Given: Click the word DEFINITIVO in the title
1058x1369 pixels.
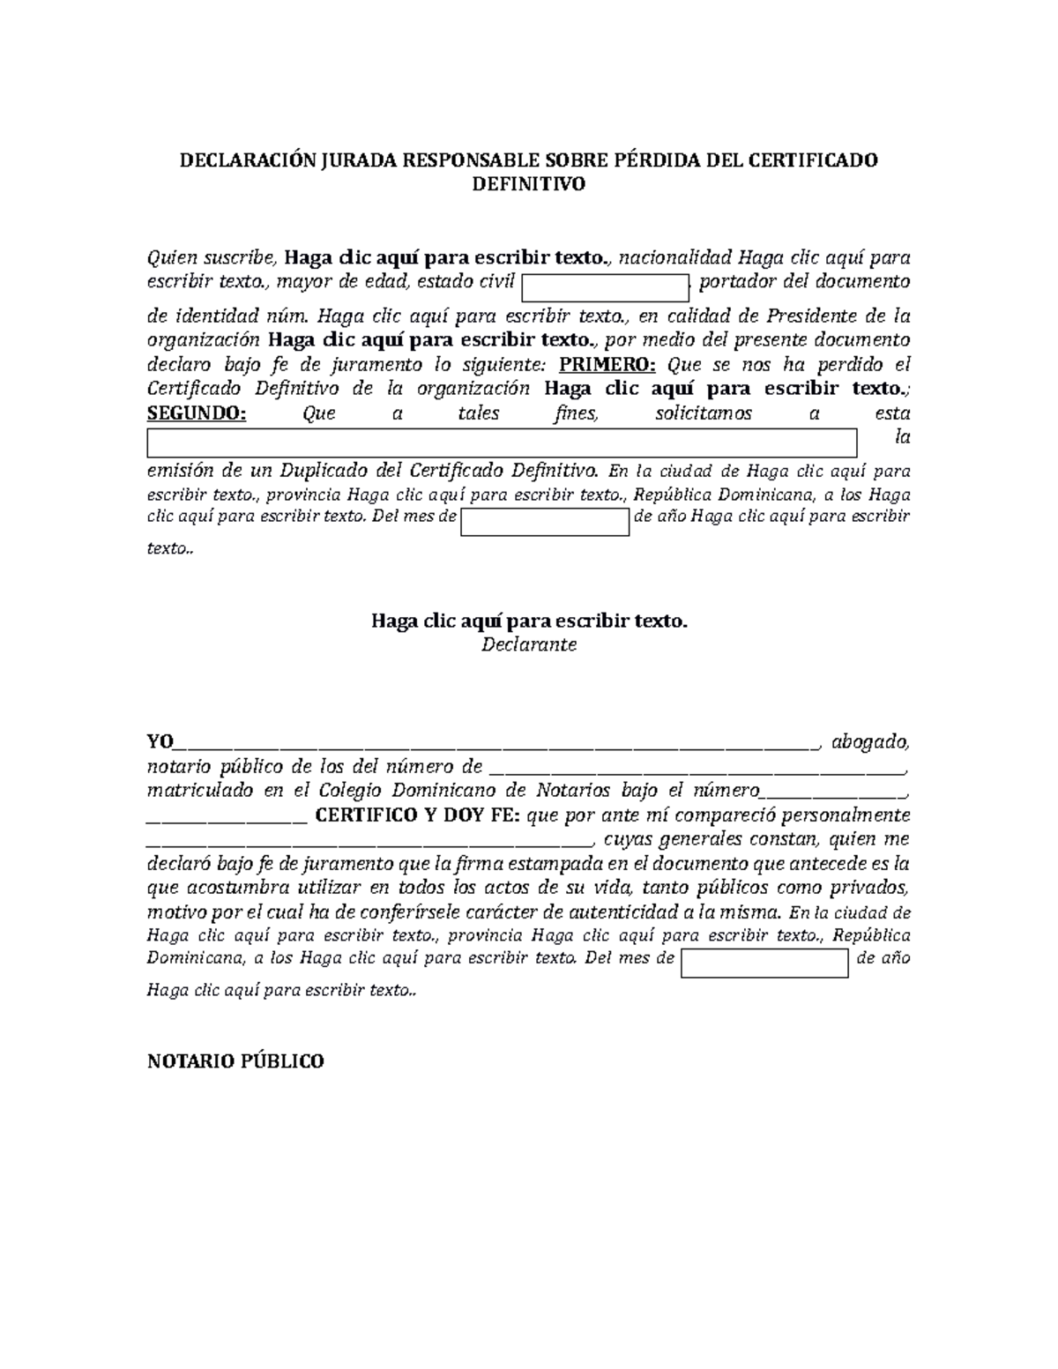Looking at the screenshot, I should click(x=528, y=184).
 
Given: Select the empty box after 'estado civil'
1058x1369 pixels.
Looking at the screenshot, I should click(x=605, y=287).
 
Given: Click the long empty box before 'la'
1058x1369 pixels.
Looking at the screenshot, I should click(x=502, y=443).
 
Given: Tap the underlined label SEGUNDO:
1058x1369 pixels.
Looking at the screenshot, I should click(x=197, y=413).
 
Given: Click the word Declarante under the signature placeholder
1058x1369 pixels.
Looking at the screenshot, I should click(x=528, y=644).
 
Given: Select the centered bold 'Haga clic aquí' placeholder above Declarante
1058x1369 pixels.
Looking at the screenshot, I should click(x=528, y=621).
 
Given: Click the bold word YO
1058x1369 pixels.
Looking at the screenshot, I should click(x=160, y=741).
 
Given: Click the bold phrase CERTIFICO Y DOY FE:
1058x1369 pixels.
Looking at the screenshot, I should click(x=419, y=815).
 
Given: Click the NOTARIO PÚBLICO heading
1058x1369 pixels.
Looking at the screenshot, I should click(x=235, y=1061).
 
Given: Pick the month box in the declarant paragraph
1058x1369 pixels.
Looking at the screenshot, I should click(x=545, y=522).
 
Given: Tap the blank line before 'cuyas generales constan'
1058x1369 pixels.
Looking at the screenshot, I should click(x=370, y=842).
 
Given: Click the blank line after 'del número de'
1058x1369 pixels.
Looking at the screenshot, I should click(x=696, y=769).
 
